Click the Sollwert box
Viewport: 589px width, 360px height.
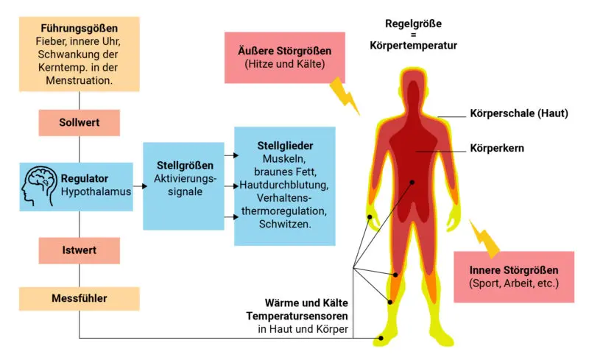[79, 122]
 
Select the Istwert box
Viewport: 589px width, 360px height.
[79, 251]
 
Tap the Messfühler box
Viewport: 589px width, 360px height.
[79, 299]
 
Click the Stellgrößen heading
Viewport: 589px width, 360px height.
[183, 164]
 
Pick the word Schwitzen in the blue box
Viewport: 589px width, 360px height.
[284, 223]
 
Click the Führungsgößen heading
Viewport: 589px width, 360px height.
[79, 28]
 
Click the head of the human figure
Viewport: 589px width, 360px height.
[412, 87]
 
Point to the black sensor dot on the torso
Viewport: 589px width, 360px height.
[412, 183]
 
